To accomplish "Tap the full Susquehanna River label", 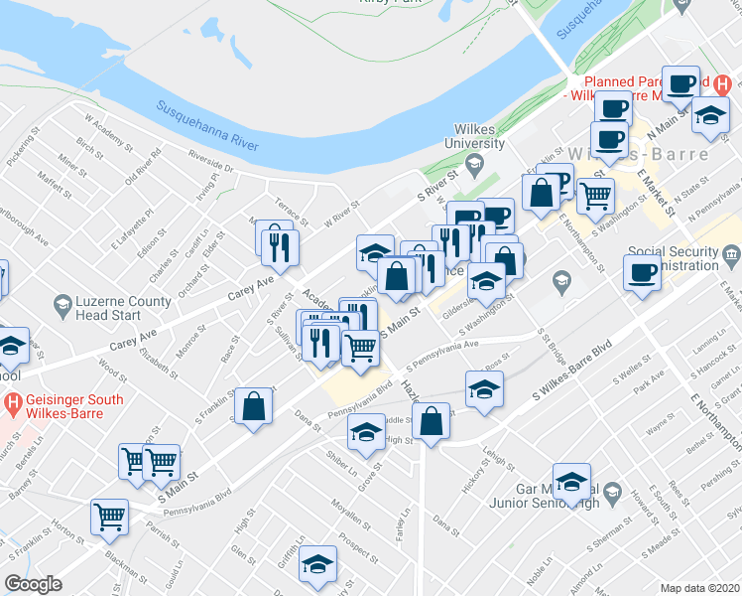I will point(206,124).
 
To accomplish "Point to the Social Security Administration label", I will point(672,259).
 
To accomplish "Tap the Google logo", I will point(34,583).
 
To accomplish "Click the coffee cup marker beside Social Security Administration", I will point(641,272).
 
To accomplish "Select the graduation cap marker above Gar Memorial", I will point(571,482).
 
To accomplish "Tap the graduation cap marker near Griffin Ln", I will point(318,565).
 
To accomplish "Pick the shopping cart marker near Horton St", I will point(109,516).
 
